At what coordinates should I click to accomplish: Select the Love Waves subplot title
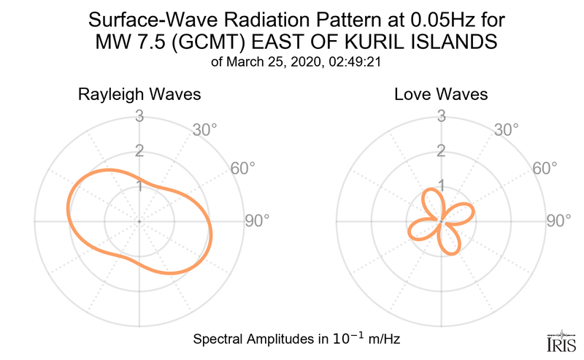pos(441,95)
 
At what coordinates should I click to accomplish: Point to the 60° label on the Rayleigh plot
pos(242,168)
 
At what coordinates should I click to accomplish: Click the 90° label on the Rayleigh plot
pos(256,221)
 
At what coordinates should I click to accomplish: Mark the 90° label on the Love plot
pos(558,221)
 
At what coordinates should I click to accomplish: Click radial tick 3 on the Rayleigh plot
pos(139,115)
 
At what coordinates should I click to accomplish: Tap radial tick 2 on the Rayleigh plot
pos(139,151)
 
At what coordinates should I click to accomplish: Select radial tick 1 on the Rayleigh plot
pos(139,186)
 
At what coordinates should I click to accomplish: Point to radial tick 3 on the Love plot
pos(441,115)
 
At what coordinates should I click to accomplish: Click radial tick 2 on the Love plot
pos(441,151)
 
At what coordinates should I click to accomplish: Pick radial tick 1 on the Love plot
pos(441,186)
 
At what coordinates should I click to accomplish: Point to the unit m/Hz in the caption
pos(380,340)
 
